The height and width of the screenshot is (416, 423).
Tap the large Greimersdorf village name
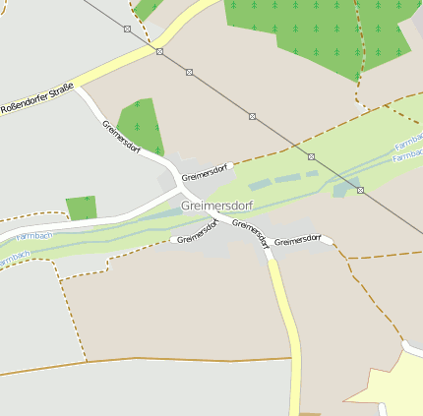(x=215, y=206)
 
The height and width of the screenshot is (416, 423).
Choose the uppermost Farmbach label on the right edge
(x=408, y=145)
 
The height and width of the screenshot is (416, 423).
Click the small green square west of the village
(x=82, y=208)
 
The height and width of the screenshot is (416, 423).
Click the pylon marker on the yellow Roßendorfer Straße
(x=159, y=51)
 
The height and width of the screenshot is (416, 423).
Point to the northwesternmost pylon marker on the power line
(x=127, y=30)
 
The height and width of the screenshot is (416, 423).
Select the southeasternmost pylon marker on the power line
(x=360, y=190)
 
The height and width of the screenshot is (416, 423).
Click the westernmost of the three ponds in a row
(x=258, y=185)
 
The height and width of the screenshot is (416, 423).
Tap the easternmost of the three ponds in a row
(x=312, y=174)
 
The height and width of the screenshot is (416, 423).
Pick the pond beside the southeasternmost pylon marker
(x=339, y=190)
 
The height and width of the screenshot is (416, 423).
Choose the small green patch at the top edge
(x=147, y=8)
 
